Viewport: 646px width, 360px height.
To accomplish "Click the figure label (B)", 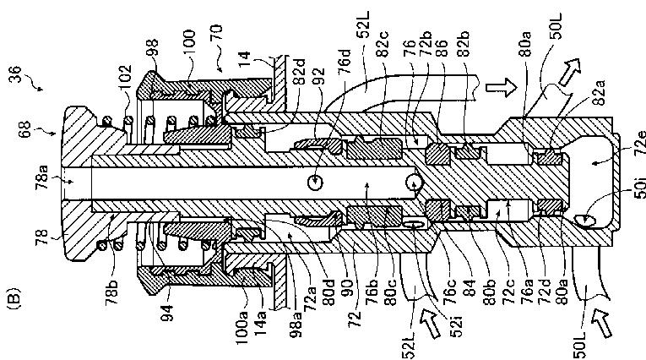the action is coord(14,299).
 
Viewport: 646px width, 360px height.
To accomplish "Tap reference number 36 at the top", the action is coord(16,74).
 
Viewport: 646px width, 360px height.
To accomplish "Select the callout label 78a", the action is coord(42,177).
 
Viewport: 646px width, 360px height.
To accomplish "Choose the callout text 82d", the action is coord(300,73).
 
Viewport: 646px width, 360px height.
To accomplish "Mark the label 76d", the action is coord(345,63).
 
